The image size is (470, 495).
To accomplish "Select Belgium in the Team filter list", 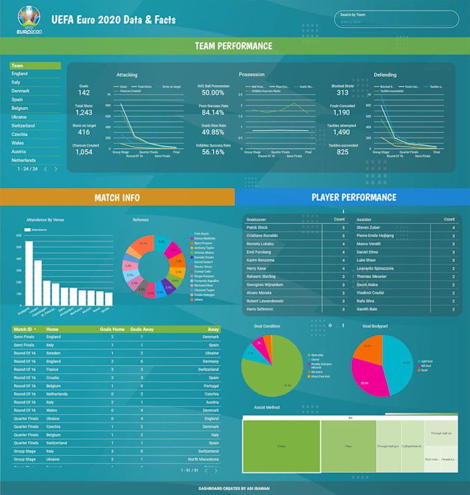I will pos(20,109).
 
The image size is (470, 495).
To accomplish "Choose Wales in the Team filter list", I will pos(19,143).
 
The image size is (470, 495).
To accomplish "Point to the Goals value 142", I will pos(84,93).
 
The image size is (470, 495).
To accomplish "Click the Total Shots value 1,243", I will pos(84,113).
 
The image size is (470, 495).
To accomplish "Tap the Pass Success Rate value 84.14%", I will pos(212,113).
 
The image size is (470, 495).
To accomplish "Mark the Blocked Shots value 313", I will pos(342,93).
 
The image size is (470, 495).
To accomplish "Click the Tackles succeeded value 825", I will pos(342,152).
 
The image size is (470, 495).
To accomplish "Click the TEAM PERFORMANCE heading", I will pos(234,46).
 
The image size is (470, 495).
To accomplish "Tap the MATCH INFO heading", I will pos(117,198).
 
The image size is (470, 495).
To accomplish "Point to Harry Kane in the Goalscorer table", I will pos(257,269).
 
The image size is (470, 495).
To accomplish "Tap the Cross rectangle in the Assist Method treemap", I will pos(281,447).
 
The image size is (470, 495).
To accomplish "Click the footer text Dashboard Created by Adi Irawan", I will pos(234,487).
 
